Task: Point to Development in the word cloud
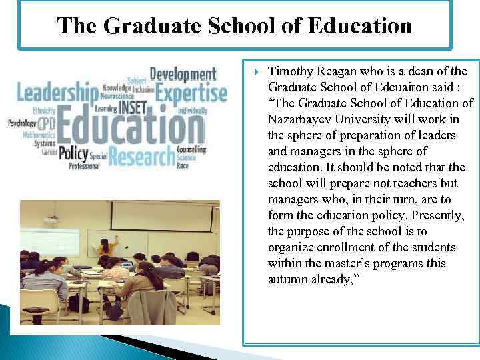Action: click(183, 73)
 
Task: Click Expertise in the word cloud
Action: click(191, 93)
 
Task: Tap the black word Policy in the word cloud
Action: click(73, 153)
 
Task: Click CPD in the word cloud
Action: click(47, 124)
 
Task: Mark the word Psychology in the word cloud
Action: click(22, 123)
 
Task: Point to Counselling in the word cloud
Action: click(191, 150)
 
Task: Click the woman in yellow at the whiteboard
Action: click(104, 249)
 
